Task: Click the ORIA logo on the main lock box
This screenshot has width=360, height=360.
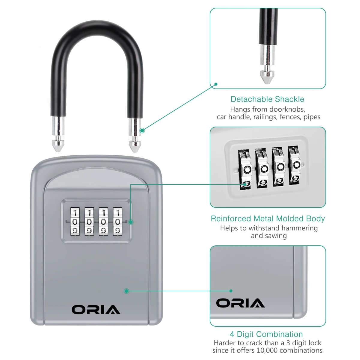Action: point(96,310)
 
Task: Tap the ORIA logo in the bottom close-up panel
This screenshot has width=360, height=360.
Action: point(240,303)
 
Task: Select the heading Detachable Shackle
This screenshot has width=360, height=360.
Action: point(267,99)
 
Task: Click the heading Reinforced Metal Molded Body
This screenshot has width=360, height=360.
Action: point(268,218)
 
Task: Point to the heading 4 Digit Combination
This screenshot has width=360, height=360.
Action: point(266,334)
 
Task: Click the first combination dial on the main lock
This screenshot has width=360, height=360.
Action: point(75,222)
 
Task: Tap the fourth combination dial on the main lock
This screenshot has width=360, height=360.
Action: point(118,222)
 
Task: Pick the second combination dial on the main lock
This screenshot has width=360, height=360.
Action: point(89,222)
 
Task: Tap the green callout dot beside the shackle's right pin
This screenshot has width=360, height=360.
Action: point(142,130)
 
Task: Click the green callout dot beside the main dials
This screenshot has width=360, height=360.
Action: point(131,222)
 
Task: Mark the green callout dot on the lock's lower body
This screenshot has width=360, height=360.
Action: point(127,291)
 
